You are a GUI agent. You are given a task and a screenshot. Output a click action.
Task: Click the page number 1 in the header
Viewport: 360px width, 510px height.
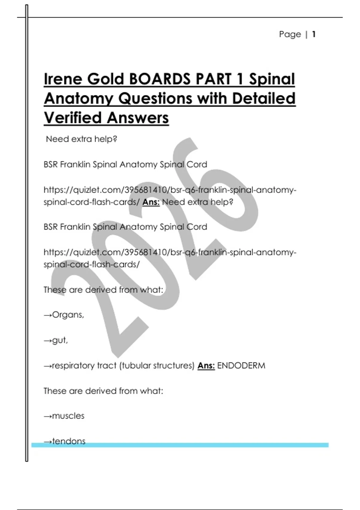pyautogui.click(x=314, y=34)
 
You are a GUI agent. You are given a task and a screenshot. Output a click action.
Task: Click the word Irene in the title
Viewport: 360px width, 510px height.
pyautogui.click(x=63, y=79)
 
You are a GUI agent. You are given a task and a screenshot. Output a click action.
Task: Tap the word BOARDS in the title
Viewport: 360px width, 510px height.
pyautogui.click(x=159, y=79)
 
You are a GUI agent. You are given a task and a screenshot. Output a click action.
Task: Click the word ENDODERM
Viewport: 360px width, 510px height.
pyautogui.click(x=241, y=366)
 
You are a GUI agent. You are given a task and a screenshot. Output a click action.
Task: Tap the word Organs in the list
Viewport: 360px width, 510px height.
pyautogui.click(x=68, y=315)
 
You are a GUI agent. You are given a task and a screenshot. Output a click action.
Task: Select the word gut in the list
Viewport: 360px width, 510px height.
pyautogui.click(x=60, y=340)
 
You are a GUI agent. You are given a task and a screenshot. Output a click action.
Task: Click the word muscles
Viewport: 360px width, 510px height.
pyautogui.click(x=68, y=416)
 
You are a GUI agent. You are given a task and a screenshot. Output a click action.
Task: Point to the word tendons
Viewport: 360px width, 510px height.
pyautogui.click(x=69, y=441)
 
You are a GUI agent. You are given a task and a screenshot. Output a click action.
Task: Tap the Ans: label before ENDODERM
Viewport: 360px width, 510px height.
pyautogui.click(x=206, y=366)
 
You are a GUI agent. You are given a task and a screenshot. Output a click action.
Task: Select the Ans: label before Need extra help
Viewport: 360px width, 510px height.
pyautogui.click(x=151, y=202)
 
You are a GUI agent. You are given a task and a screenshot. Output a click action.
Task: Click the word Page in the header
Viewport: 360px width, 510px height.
pyautogui.click(x=290, y=34)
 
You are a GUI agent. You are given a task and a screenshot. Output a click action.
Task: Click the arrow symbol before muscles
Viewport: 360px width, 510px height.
pyautogui.click(x=48, y=416)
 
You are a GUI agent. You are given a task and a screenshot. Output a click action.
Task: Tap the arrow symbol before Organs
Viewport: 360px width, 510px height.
pyautogui.click(x=48, y=315)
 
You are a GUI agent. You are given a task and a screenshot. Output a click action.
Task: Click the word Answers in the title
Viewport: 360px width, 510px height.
pyautogui.click(x=138, y=118)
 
